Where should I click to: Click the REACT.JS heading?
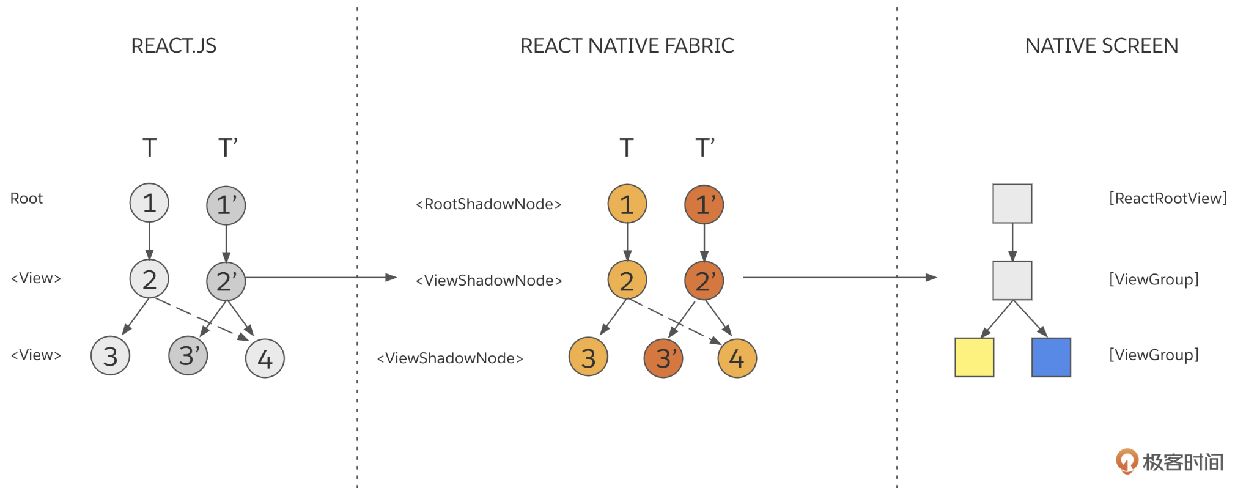[174, 46]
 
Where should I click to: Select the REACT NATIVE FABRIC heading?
[627, 46]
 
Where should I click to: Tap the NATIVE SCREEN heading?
[1101, 46]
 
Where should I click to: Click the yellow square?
[974, 357]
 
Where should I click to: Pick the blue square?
[1051, 357]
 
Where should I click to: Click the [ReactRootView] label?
[1168, 198]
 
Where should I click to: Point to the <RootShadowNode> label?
[488, 204]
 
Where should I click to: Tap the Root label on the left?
[26, 199]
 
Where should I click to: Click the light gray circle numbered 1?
[149, 203]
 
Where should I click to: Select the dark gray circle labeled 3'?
[188, 355]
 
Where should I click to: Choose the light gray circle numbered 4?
[265, 358]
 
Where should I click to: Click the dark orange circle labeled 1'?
[704, 205]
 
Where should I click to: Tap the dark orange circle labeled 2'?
[704, 281]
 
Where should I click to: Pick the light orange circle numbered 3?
[588, 357]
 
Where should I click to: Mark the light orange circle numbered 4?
[737, 358]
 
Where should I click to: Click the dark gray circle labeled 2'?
[226, 281]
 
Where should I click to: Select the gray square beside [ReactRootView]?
[1012, 204]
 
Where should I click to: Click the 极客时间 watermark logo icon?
[1126, 461]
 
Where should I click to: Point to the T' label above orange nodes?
[704, 148]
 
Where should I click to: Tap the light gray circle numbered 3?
[110, 355]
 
